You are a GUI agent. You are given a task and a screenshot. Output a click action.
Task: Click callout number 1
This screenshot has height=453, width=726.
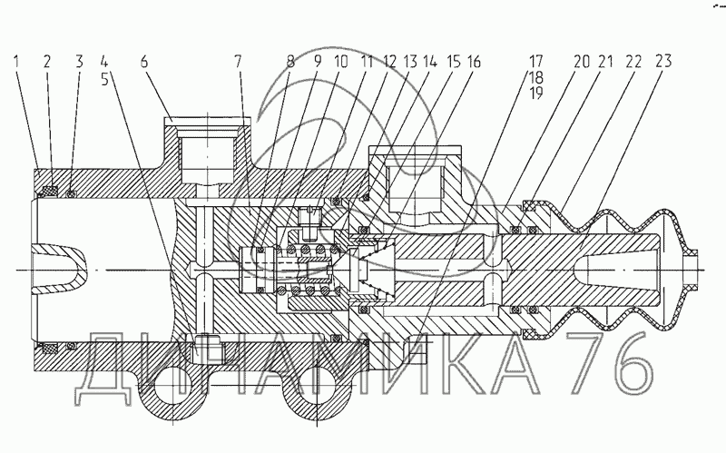pyautogui.click(x=17, y=62)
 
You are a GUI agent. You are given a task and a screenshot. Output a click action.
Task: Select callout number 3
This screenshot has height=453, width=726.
pyautogui.click(x=79, y=62)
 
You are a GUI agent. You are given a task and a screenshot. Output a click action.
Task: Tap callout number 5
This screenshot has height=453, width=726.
pyautogui.click(x=104, y=78)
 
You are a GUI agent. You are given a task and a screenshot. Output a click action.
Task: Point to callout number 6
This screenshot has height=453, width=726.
pyautogui.click(x=144, y=62)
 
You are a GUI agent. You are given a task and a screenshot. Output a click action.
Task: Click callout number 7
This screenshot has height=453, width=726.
pyautogui.click(x=238, y=62)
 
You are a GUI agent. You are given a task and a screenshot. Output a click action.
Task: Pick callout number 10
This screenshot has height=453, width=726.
pyautogui.click(x=341, y=62)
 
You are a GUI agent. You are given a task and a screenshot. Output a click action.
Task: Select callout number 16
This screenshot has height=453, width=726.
pyautogui.click(x=472, y=62)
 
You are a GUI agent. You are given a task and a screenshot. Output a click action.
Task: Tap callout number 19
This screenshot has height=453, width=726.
pyautogui.click(x=536, y=94)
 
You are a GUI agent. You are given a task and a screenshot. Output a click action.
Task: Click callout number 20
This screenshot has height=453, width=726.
pyautogui.click(x=581, y=62)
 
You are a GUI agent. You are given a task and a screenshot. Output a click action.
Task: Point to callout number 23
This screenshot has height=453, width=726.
pyautogui.click(x=663, y=62)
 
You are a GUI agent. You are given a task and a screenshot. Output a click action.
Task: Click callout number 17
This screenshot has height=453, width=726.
pyautogui.click(x=536, y=62)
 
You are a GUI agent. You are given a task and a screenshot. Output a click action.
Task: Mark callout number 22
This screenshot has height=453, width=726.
pyautogui.click(x=633, y=62)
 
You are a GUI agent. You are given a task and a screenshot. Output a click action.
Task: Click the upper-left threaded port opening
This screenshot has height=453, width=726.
pyautogui.click(x=208, y=155)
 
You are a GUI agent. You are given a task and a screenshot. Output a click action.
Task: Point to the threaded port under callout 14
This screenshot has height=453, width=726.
pyautogui.click(x=416, y=185)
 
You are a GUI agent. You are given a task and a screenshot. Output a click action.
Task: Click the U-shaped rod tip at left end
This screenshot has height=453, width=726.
pyautogui.click(x=59, y=270)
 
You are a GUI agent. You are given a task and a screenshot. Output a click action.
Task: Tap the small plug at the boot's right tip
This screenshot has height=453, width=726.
pyautogui.click(x=692, y=270)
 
